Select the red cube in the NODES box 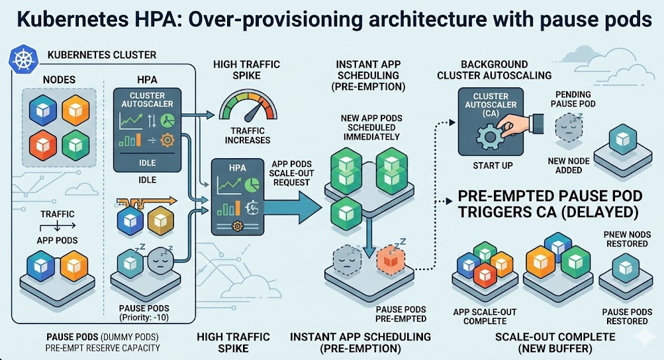[42, 143]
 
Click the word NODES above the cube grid [59, 79]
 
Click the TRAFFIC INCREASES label [248, 136]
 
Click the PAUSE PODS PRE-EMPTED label [401, 314]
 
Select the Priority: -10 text [144, 318]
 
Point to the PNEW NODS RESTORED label [626, 238]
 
